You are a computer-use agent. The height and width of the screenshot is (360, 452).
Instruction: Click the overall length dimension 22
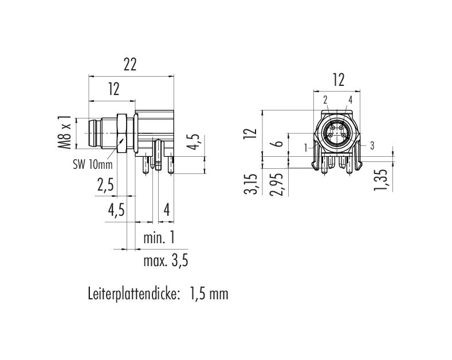pyautogui.click(x=129, y=65)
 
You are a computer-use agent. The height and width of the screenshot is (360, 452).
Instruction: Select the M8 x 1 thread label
pyautogui.click(x=65, y=132)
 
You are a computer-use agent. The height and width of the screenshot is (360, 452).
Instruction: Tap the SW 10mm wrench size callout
pyautogui.click(x=93, y=165)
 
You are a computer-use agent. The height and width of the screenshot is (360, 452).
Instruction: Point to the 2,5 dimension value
pyautogui.click(x=105, y=185)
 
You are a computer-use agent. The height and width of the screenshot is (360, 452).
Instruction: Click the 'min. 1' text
pyautogui.click(x=159, y=238)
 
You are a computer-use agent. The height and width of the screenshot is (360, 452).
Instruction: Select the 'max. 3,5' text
pyautogui.click(x=166, y=261)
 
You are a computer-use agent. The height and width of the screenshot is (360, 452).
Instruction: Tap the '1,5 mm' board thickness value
pyautogui.click(x=209, y=294)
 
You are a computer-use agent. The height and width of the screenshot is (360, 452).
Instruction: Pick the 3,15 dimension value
pyautogui.click(x=250, y=184)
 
